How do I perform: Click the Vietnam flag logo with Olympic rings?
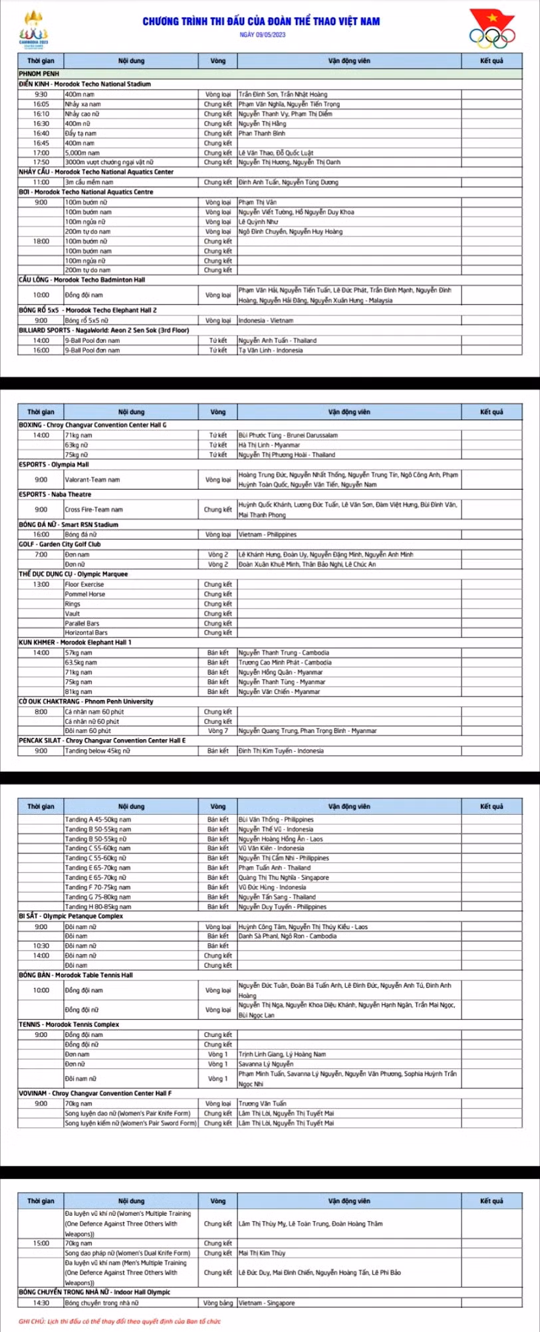tap(493, 29)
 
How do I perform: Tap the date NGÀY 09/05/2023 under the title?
tap(261, 35)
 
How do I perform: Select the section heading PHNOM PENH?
tap(39, 74)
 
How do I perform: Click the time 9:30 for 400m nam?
tap(41, 94)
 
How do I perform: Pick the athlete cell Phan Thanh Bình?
tap(262, 133)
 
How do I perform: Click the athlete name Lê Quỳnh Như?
tap(259, 222)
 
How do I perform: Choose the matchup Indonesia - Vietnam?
tap(266, 320)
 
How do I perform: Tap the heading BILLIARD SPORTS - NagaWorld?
tap(103, 330)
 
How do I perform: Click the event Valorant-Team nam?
tap(92, 479)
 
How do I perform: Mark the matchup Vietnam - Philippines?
tap(267, 534)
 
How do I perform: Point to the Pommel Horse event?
tap(85, 594)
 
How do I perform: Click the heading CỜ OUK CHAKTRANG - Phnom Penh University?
tap(86, 701)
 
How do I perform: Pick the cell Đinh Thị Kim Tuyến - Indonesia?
tap(281, 751)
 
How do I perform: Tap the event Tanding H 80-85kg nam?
tap(98, 907)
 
